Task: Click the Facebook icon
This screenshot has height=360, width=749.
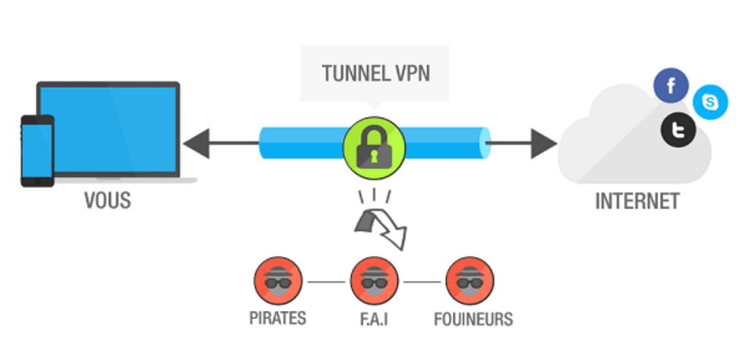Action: pos(671,86)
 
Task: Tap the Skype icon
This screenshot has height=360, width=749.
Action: pos(710,102)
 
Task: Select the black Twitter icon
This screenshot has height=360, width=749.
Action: pos(678,130)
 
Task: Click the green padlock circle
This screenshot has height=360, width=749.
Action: pos(374,148)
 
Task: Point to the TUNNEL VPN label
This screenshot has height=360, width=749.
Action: pos(376,74)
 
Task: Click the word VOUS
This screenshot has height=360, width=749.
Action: pos(108,200)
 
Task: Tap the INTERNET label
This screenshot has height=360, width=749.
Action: pos(637,201)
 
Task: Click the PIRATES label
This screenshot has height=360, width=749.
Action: pos(277,318)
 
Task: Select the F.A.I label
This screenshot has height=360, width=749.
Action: pos(374,319)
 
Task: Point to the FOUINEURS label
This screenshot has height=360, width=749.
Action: pos(473,319)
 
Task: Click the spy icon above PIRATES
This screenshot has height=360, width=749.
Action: pos(278,281)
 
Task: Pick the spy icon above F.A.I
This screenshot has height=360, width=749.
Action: pos(374,281)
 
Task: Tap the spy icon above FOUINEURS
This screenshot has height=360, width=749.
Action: pos(470,281)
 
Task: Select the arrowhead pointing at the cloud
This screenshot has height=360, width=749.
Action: pos(543,143)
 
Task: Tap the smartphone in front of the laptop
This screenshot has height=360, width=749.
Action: pos(37,151)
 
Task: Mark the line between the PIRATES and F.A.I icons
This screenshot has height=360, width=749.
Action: pos(326,282)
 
